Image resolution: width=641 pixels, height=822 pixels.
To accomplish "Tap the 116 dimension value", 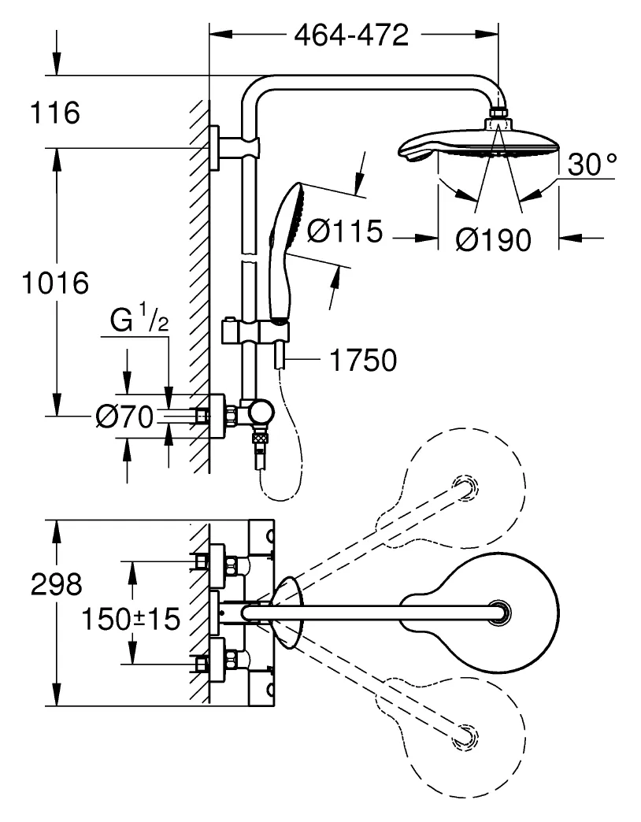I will point(55,113).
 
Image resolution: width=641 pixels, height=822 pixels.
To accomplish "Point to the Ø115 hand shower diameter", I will point(344,231).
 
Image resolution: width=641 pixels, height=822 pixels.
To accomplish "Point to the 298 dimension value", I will point(55,584).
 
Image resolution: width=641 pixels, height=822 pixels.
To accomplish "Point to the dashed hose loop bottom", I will point(276,496).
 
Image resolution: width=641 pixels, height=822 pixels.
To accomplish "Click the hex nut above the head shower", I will point(498,115).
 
